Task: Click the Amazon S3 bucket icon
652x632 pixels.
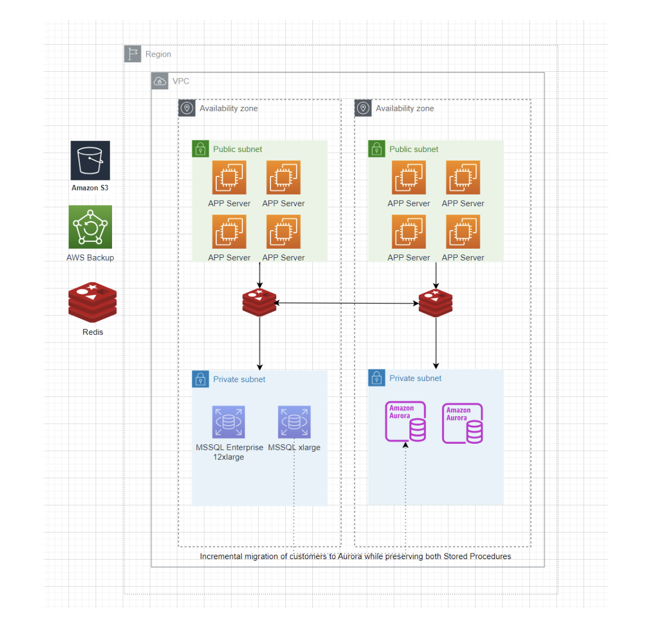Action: click(90, 161)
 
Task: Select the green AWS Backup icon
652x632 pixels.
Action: click(90, 227)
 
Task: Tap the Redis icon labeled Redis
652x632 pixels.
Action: click(92, 302)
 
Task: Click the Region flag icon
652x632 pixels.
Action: click(132, 54)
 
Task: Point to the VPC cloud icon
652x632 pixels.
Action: click(160, 81)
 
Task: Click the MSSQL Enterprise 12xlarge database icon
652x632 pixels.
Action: click(229, 422)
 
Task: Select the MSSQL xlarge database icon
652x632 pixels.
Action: click(294, 422)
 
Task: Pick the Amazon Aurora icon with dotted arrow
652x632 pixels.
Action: click(405, 422)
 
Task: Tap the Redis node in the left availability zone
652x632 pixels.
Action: click(259, 302)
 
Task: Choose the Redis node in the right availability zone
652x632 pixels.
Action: click(435, 302)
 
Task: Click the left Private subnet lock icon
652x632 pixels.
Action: click(200, 379)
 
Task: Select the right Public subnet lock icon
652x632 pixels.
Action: click(376, 149)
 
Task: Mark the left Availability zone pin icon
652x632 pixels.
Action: click(187, 108)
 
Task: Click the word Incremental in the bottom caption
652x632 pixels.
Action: click(221, 556)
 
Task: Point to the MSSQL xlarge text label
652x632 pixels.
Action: click(294, 447)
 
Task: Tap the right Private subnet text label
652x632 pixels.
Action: click(415, 378)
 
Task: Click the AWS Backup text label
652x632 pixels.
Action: click(90, 257)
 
